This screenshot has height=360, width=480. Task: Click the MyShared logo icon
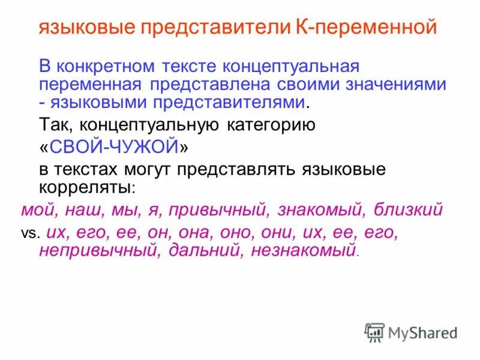click(374, 332)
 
